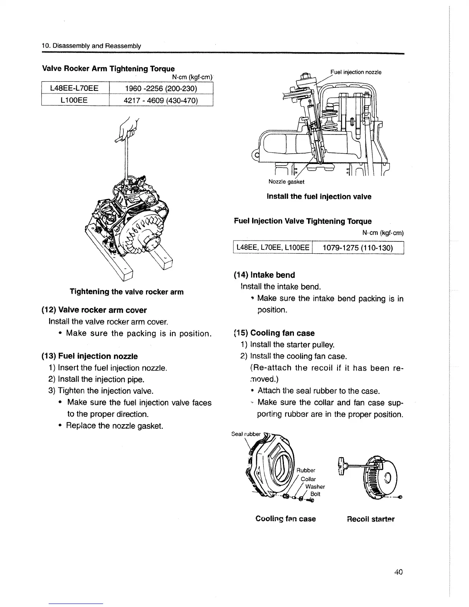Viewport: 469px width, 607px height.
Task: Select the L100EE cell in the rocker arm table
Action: [x=75, y=100]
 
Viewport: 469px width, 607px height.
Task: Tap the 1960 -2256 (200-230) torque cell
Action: [x=161, y=89]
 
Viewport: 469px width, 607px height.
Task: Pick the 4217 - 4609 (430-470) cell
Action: [x=161, y=100]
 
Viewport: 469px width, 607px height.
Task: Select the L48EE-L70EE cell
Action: [x=75, y=89]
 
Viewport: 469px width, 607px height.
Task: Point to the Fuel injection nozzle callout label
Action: [x=356, y=72]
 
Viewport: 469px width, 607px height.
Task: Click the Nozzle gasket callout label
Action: [x=286, y=182]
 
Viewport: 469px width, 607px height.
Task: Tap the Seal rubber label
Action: [x=246, y=434]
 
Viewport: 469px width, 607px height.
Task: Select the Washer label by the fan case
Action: [x=315, y=487]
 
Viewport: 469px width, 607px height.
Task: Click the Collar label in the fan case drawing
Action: [x=308, y=479]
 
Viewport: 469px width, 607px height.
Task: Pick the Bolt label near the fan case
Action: [x=315, y=494]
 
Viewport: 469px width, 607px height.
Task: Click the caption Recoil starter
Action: [x=370, y=519]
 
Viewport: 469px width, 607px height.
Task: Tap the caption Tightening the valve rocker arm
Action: [x=126, y=292]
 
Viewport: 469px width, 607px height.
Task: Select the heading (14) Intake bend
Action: [x=264, y=275]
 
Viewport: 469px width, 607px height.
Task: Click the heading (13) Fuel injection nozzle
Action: [x=89, y=356]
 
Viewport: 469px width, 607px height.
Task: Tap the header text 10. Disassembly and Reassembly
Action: [x=91, y=46]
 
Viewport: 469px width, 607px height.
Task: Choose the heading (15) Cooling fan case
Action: [x=274, y=333]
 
